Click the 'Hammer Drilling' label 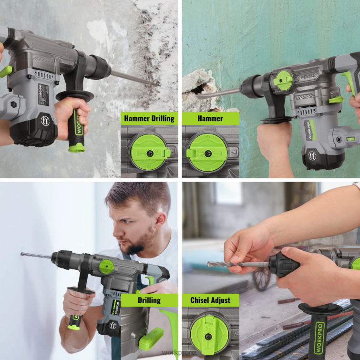coord(149,118)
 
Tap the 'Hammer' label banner coord(210,118)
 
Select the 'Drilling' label coord(149,300)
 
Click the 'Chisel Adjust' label coord(210,300)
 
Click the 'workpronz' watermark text coord(163,352)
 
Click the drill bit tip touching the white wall coord(22,254)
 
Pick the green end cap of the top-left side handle coord(76,148)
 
